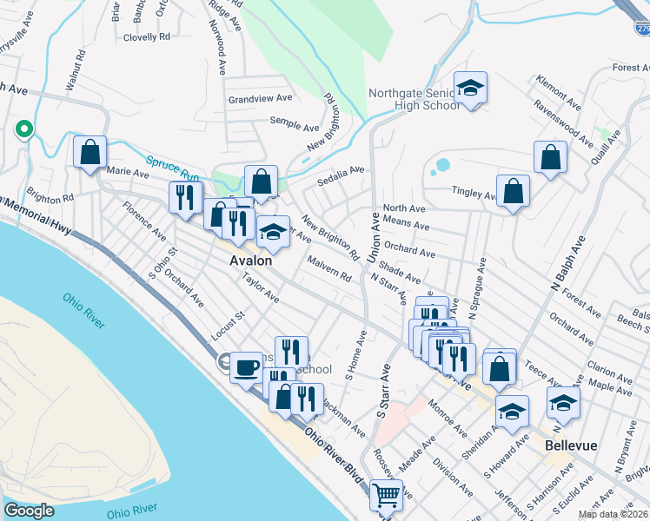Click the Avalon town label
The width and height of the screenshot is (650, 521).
(250, 260)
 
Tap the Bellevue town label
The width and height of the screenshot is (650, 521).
(571, 445)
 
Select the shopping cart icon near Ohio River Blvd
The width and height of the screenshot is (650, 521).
(385, 495)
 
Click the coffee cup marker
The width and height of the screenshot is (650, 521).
(246, 366)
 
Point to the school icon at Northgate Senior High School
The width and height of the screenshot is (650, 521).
(470, 88)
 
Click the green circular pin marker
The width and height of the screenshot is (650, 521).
(24, 129)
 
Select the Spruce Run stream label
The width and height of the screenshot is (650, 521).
(173, 167)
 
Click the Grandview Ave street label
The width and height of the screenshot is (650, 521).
(252, 100)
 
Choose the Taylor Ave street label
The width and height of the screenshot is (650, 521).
(261, 289)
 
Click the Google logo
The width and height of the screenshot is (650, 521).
(29, 511)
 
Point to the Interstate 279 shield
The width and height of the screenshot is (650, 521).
(641, 29)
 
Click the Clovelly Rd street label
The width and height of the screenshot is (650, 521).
(146, 37)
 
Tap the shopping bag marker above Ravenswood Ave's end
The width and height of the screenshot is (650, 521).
(550, 157)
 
